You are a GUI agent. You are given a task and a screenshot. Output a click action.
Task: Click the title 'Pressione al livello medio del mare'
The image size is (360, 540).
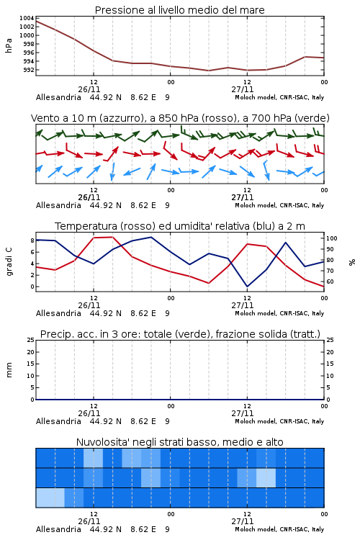click(x=179, y=10)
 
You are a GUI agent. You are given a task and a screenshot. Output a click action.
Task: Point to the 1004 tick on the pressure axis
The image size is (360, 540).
click(x=27, y=18)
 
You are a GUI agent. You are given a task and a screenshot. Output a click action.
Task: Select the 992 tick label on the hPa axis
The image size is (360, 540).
click(x=29, y=70)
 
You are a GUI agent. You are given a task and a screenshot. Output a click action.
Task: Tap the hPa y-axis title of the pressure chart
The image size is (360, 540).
click(x=9, y=45)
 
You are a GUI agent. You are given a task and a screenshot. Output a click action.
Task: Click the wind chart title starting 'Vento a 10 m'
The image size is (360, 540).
click(x=180, y=118)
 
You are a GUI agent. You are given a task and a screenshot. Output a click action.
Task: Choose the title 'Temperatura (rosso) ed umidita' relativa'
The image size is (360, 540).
click(x=180, y=226)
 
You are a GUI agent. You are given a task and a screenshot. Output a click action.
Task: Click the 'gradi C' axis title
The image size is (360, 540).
click(x=9, y=262)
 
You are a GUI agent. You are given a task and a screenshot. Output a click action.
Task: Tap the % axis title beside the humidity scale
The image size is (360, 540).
click(x=352, y=262)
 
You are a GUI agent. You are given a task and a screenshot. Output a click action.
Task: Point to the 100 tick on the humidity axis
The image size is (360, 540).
click(x=332, y=238)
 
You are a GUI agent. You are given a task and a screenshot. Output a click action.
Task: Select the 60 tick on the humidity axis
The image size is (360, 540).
click(x=330, y=282)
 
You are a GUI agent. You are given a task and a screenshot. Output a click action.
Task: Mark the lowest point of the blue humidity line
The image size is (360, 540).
click(x=247, y=287)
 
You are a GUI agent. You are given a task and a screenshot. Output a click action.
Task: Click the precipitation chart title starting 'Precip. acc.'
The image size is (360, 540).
click(x=180, y=334)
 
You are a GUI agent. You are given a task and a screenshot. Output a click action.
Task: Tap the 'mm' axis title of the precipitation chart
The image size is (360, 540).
click(x=9, y=370)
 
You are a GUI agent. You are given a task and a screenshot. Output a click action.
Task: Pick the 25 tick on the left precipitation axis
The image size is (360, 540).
click(x=31, y=341)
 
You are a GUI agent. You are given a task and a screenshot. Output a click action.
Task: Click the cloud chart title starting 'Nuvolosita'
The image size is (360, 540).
click(x=179, y=442)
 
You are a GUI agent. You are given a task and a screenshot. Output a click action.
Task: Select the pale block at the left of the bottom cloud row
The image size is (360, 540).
click(x=50, y=498)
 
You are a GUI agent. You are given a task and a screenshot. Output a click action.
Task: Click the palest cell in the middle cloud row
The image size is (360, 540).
click(x=266, y=477)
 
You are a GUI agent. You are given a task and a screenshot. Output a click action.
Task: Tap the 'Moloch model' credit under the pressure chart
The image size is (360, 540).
click(x=279, y=97)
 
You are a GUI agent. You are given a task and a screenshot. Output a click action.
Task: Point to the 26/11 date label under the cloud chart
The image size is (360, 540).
click(x=89, y=521)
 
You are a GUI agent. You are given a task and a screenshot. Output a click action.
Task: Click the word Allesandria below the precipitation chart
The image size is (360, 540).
click(x=58, y=421)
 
